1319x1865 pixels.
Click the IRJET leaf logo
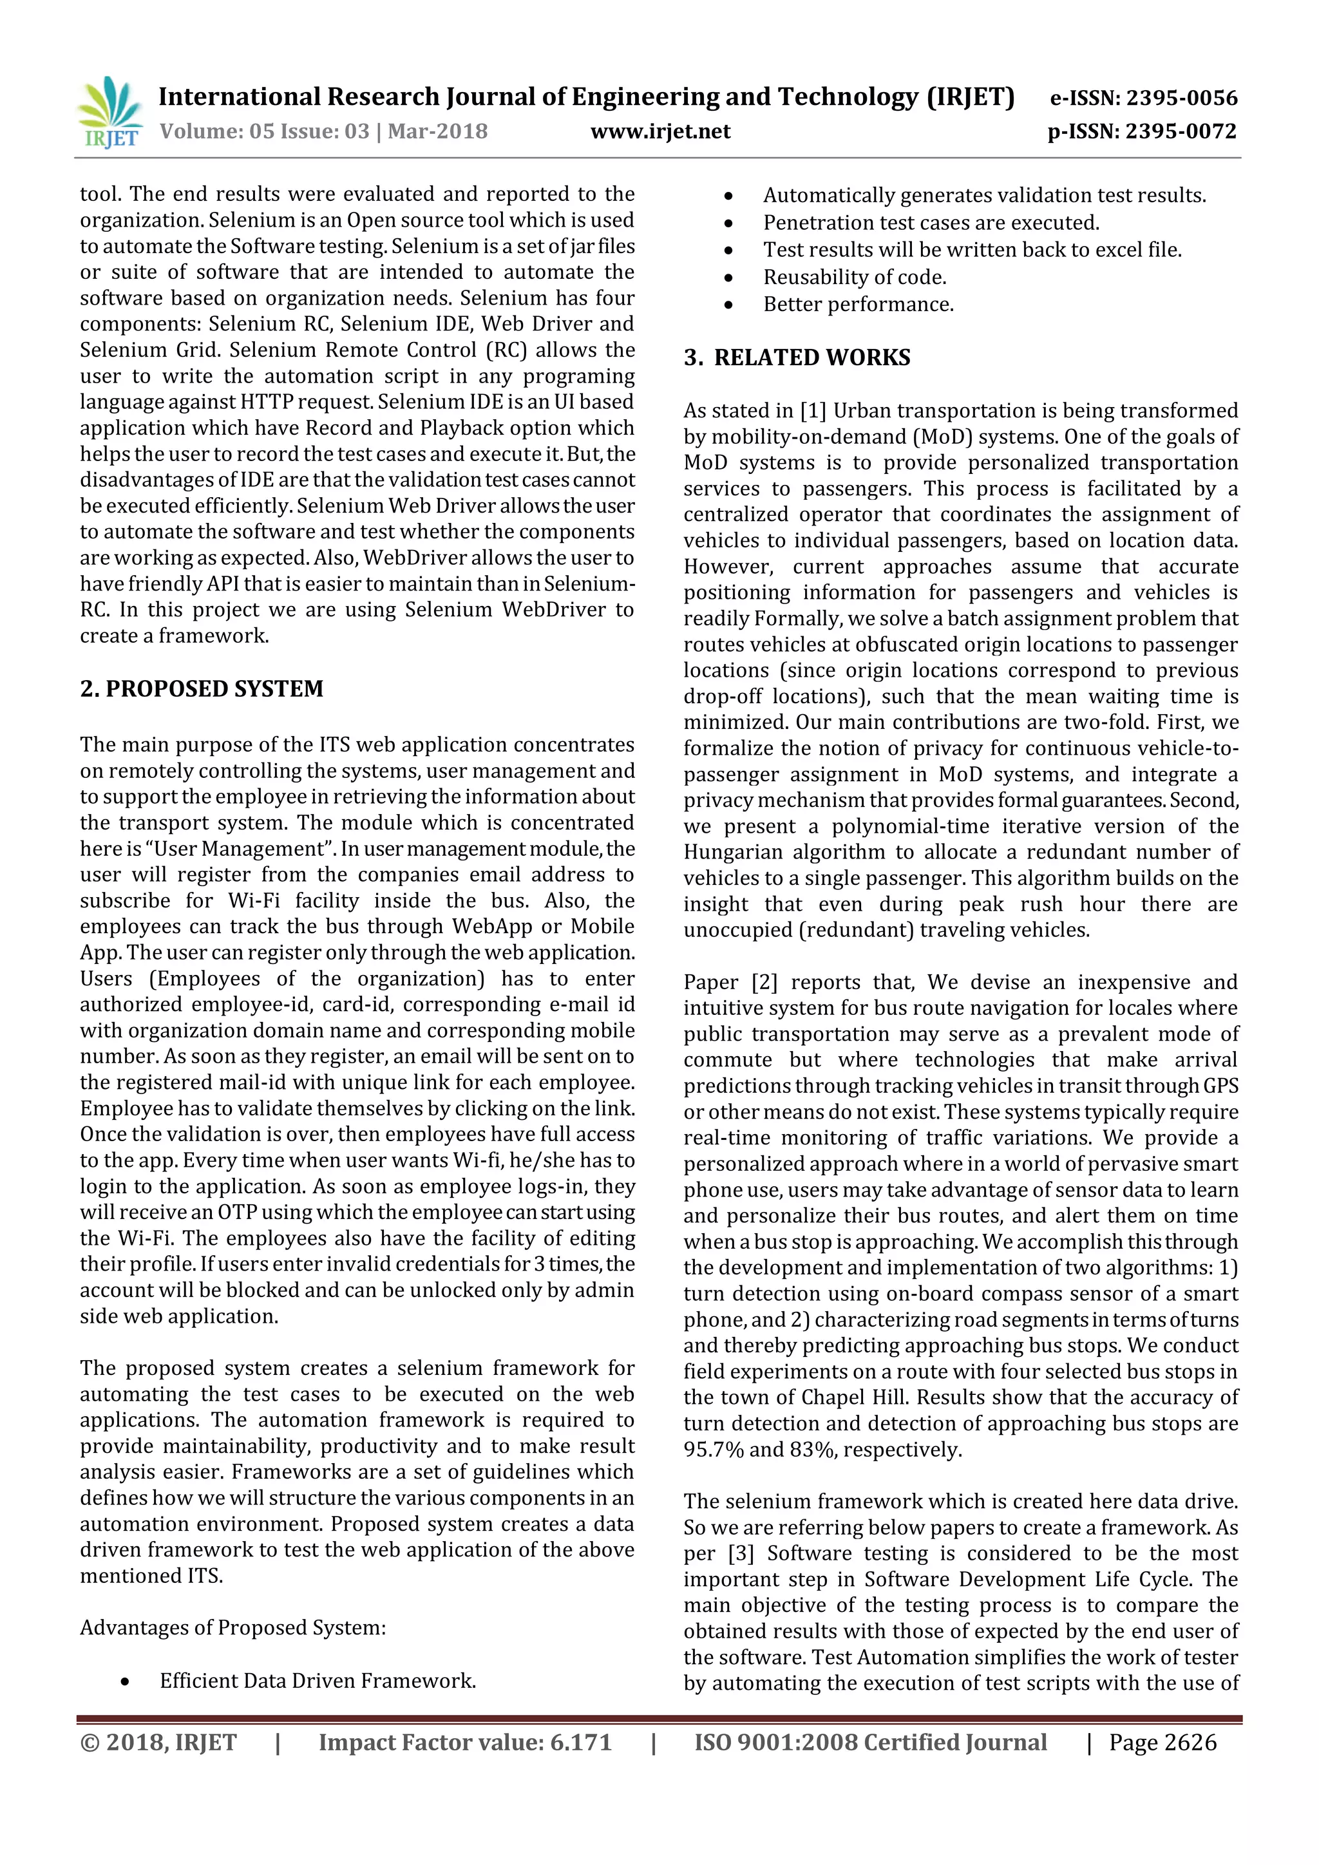point(109,111)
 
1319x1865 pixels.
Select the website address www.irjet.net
point(659,131)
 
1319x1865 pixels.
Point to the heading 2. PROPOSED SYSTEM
point(202,689)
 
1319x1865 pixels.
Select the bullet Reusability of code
point(855,277)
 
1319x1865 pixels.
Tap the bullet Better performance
point(858,305)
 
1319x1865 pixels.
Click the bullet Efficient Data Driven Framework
point(318,1681)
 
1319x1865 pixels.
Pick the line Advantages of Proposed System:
point(232,1628)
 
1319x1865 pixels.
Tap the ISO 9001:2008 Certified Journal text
point(870,1743)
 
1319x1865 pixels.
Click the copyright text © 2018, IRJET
point(158,1743)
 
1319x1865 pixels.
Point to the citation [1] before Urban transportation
point(813,411)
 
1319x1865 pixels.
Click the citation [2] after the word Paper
point(764,982)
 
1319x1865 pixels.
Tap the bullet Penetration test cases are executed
point(931,223)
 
